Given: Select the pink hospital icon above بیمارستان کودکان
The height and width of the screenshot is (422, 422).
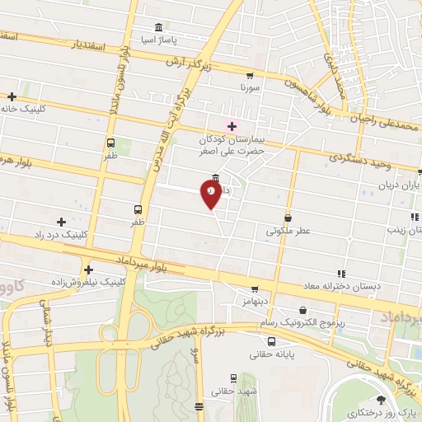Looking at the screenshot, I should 232,126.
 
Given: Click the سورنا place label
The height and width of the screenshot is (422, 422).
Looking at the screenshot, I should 250,86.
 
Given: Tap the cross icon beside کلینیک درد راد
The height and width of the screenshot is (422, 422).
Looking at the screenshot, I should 61,221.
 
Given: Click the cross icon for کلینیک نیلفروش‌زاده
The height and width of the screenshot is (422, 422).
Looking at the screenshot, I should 87,268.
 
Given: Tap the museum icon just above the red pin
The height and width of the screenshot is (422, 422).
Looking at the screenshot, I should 215,178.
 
